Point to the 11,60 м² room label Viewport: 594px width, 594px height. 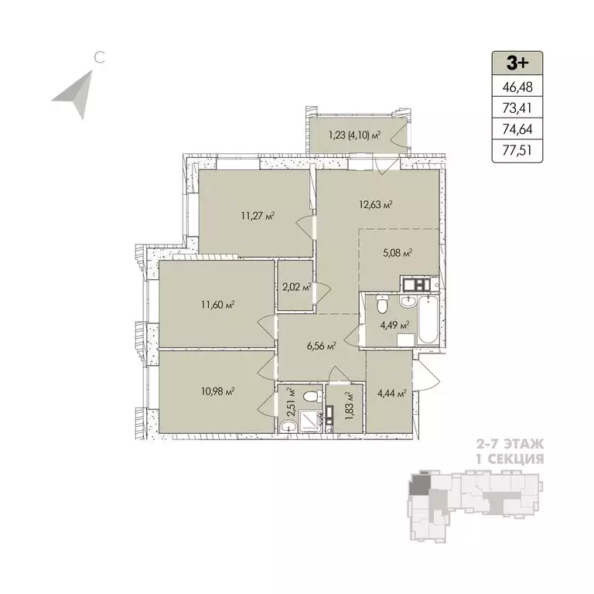[x=217, y=304]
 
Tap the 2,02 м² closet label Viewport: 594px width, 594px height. [x=295, y=287]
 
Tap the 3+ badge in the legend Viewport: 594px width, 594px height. [x=517, y=62]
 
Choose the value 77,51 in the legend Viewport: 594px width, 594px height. [x=517, y=152]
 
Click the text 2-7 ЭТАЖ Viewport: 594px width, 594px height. [x=508, y=445]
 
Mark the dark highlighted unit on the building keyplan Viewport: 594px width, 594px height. [x=418, y=484]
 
